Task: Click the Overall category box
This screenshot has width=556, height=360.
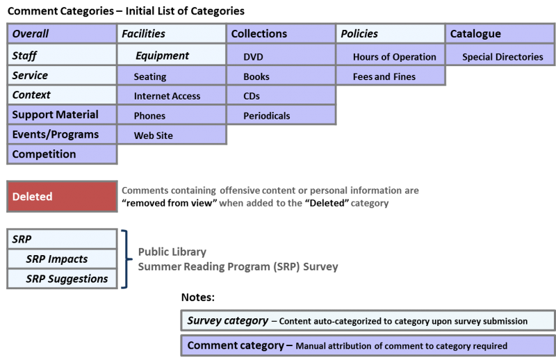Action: (x=62, y=33)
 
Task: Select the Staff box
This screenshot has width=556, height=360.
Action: (x=62, y=56)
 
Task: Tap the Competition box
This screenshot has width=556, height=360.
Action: (x=62, y=154)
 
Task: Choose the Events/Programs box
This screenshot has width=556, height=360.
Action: (x=62, y=134)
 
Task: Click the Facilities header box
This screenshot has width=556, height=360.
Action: (x=171, y=33)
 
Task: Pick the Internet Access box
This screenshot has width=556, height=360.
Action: (x=171, y=96)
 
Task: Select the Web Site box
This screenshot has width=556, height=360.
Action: (x=171, y=136)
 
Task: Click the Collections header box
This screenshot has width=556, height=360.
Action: (x=281, y=33)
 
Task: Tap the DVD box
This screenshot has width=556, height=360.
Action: (x=281, y=57)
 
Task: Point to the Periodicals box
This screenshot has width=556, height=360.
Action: (x=281, y=115)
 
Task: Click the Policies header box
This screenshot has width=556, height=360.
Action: (x=391, y=33)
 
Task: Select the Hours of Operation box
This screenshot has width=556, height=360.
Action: (x=391, y=57)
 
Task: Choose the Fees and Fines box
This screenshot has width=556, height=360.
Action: (x=391, y=76)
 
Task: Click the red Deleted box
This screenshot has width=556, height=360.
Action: (x=62, y=197)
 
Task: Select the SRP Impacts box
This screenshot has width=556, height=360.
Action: (x=62, y=259)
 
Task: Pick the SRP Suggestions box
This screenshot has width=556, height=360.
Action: (x=62, y=279)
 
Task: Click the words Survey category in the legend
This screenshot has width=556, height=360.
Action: (x=227, y=321)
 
